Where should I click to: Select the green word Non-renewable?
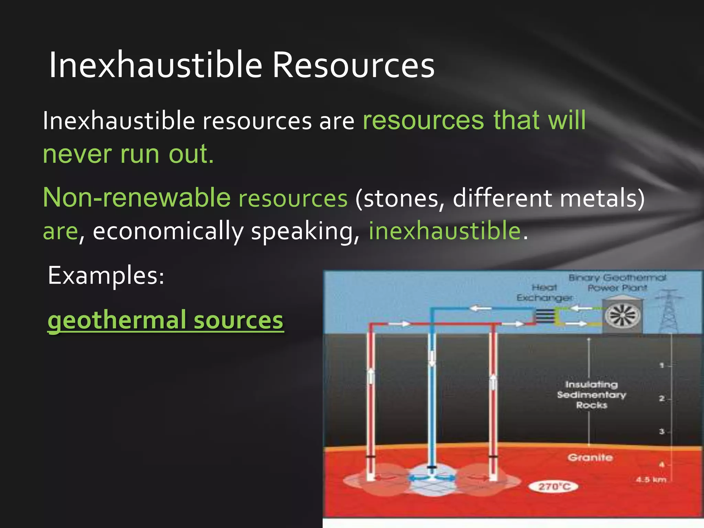coord(136,198)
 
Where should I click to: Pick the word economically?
coord(168,231)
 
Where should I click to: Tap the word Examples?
coord(106,275)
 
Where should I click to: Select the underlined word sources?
coord(239,320)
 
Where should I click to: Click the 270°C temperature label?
coord(554,486)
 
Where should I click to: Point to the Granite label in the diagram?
coord(590,458)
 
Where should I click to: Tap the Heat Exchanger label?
coord(544,293)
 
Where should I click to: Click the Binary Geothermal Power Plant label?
coord(617,283)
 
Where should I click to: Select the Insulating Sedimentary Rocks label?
coord(591,395)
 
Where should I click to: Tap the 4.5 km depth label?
coord(651,480)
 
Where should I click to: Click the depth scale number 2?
coord(661,399)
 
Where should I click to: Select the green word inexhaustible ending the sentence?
coord(445,230)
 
